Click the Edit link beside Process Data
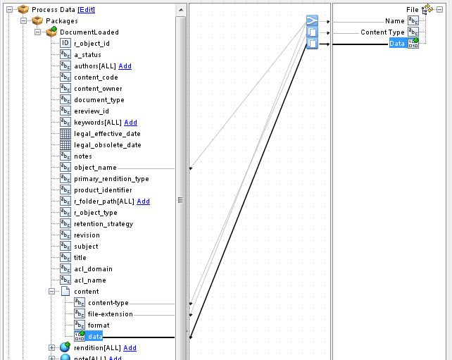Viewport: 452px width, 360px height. tap(86, 10)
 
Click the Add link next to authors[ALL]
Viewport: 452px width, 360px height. tap(125, 66)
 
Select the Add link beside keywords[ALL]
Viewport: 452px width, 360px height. tap(130, 123)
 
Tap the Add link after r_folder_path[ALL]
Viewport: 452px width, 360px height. tap(143, 201)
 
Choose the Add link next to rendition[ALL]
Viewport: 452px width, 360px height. tap(130, 347)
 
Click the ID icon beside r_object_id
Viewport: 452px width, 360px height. tap(65, 43)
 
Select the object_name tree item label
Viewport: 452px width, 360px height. tap(96, 168)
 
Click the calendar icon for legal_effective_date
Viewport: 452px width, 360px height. tap(65, 134)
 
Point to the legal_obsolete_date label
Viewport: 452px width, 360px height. tap(108, 145)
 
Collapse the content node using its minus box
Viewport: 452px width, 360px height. tap(51, 292)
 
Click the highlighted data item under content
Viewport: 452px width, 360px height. tap(95, 336)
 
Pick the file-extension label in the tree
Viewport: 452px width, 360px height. tap(111, 314)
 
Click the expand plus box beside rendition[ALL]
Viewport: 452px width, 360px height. tap(51, 347)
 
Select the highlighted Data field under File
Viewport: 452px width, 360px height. tap(397, 43)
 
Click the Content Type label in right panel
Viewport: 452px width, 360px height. tap(382, 32)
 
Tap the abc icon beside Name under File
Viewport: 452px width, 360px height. tap(413, 20)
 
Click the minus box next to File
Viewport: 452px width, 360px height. tap(439, 10)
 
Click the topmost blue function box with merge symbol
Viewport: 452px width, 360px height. tap(312, 20)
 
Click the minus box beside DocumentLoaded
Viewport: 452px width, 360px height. tap(38, 32)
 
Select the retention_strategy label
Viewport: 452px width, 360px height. tap(103, 224)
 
